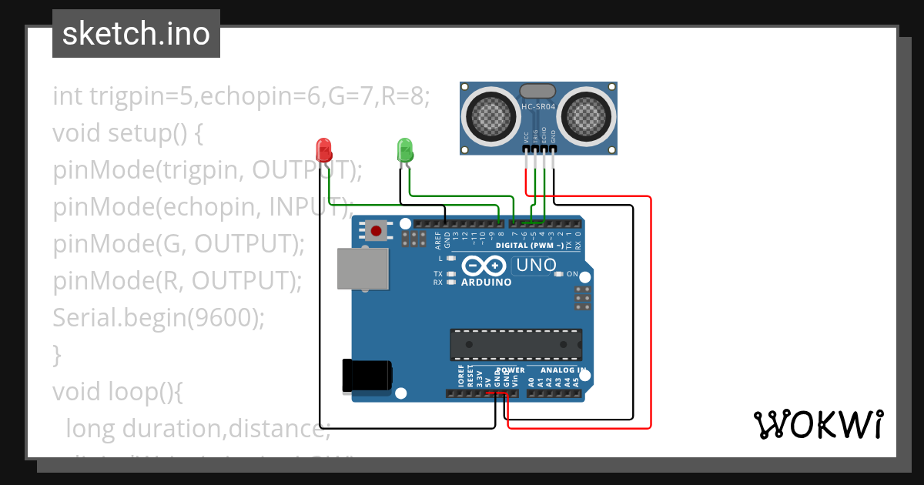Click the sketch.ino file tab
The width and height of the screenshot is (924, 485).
pos(136,34)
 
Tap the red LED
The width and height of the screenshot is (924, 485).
pos(323,149)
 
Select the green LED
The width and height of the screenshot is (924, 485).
pos(405,149)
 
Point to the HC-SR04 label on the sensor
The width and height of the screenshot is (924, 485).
pos(538,106)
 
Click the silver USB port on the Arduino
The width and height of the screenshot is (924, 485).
pos(363,269)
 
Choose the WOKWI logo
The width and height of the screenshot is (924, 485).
pos(818,425)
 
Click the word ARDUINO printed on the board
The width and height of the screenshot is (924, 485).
pos(486,283)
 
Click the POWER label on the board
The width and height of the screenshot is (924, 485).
pos(510,370)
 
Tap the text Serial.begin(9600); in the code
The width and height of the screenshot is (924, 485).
pos(159,317)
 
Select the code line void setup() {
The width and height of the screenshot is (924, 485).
pos(128,132)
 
